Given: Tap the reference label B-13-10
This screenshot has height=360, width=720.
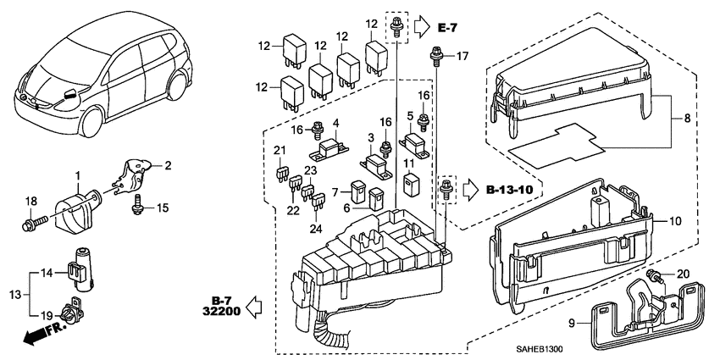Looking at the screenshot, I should point(511,190).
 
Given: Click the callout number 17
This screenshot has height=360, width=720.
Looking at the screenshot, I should point(462,57).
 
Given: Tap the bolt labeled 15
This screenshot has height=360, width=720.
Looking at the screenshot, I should point(138,204).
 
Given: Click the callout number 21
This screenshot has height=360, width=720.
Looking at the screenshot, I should point(279,151).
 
